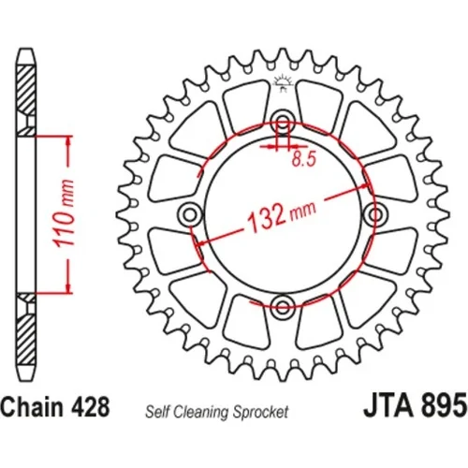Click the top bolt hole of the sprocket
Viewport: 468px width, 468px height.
point(283,122)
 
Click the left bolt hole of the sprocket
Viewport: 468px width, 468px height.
point(190,214)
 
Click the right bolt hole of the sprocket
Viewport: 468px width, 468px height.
point(375,214)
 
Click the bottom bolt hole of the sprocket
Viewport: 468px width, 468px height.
point(283,305)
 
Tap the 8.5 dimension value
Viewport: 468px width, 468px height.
point(304,159)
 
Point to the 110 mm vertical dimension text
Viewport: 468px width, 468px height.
point(65,213)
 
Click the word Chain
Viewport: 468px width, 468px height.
point(32,406)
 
